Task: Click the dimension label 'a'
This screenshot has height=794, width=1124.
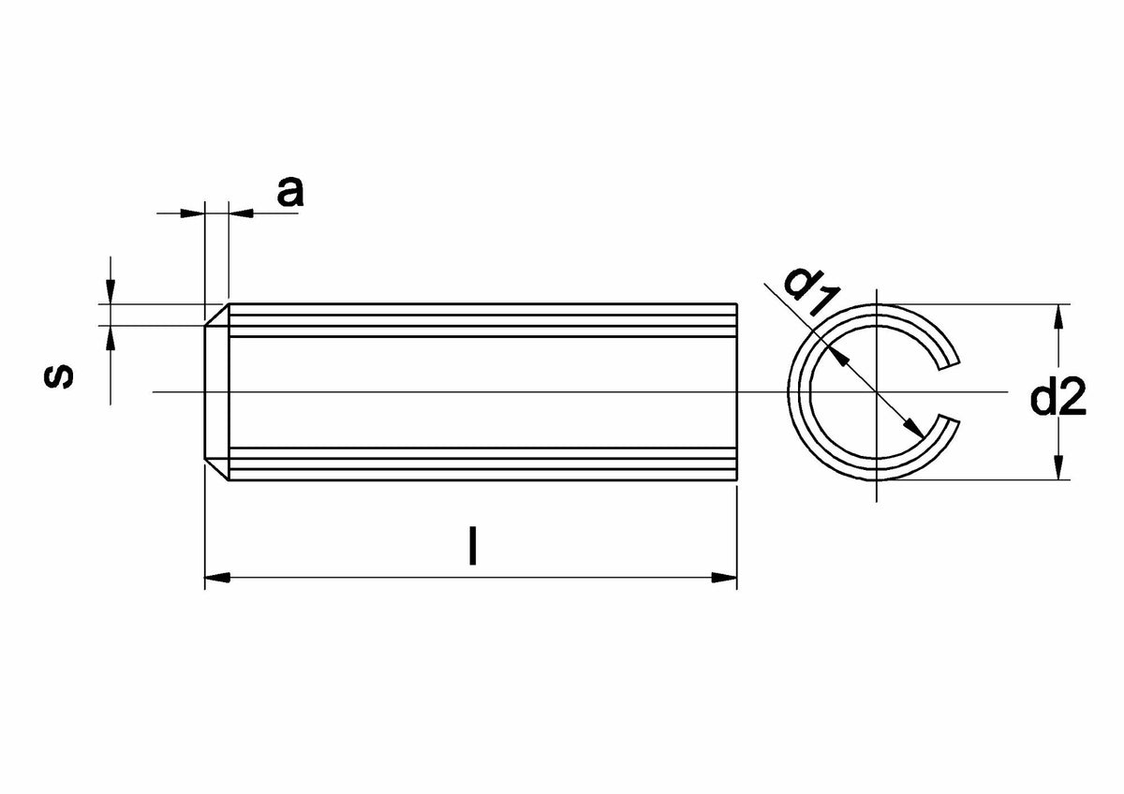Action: click(x=290, y=192)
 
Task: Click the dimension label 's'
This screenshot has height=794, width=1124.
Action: click(x=59, y=376)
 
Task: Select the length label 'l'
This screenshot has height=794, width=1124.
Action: click(x=472, y=546)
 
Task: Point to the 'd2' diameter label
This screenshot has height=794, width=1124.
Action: click(x=1057, y=396)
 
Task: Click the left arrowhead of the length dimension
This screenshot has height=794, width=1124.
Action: click(x=217, y=578)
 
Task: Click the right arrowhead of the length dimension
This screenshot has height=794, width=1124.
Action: click(x=724, y=578)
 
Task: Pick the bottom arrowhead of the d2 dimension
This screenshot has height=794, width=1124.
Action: click(x=1058, y=467)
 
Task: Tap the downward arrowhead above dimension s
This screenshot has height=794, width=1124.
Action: click(x=111, y=291)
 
